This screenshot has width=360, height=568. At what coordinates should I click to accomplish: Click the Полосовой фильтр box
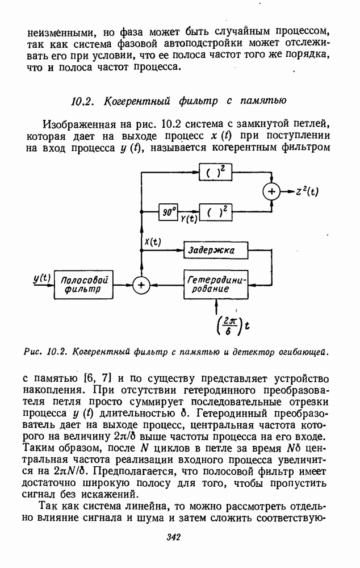click(x=83, y=284)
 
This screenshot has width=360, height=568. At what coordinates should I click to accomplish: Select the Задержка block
click(x=217, y=249)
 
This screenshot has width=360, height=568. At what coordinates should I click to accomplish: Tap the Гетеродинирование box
click(x=217, y=284)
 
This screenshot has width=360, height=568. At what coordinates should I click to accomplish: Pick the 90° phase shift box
click(x=168, y=212)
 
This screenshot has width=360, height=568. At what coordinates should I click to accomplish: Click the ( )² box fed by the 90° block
click(x=217, y=212)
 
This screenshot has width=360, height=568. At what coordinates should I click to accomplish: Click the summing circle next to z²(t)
click(x=271, y=192)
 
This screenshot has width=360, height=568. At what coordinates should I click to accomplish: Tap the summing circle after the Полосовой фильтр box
click(x=140, y=285)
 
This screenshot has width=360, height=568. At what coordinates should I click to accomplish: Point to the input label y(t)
click(x=41, y=278)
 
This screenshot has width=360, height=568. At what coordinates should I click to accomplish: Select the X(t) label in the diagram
click(x=152, y=242)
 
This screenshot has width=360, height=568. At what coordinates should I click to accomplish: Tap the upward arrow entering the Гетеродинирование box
click(x=217, y=306)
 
